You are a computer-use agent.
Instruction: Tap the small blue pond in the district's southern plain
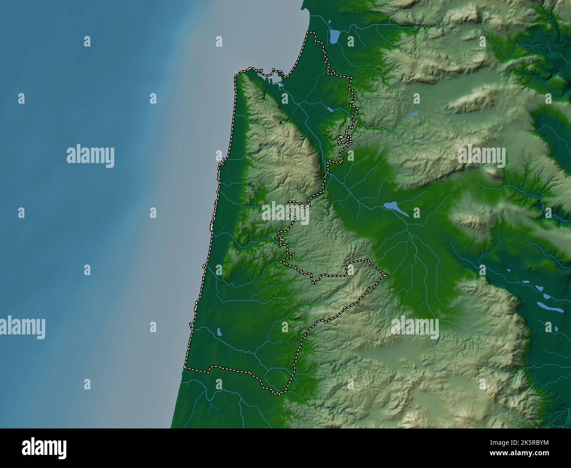pyautogui.click(x=219, y=332)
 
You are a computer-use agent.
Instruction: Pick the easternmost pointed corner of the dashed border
pyautogui.click(x=386, y=275)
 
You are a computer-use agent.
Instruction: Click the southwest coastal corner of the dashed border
pyautogui.click(x=185, y=367)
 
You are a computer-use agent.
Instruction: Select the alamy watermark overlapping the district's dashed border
pyautogui.click(x=285, y=213)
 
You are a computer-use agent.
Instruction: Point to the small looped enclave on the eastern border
pyautogui.click(x=345, y=140)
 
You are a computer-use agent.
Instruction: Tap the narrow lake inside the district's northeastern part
pyautogui.click(x=331, y=109)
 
